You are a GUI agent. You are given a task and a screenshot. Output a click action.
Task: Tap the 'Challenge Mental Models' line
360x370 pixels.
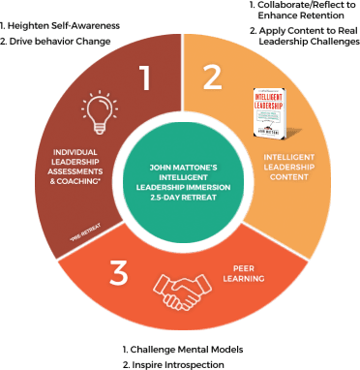182,347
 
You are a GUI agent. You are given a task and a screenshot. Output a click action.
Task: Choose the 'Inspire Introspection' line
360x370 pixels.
176,362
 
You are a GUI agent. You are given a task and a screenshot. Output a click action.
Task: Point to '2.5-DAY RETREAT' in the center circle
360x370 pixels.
180,199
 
